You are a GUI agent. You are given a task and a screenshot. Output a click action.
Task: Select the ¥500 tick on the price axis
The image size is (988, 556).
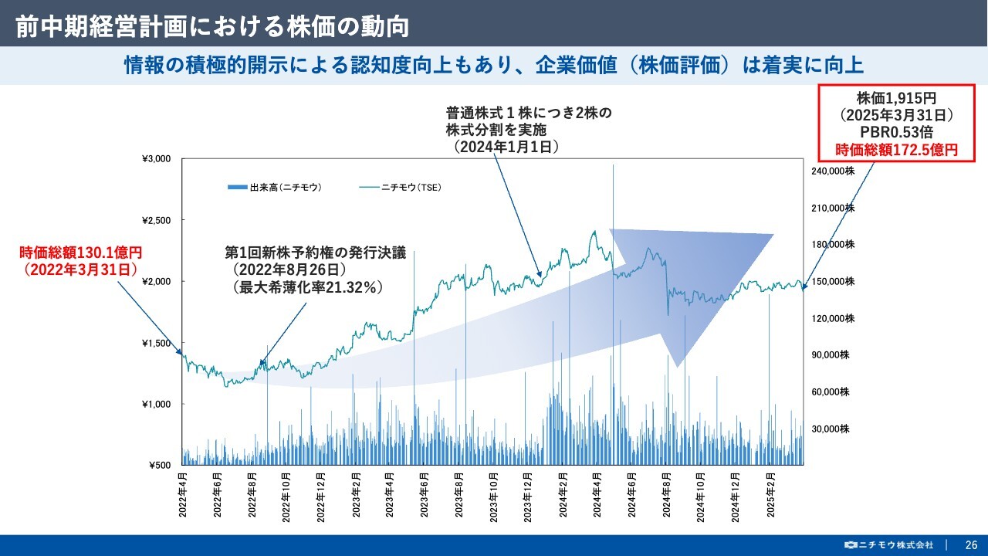159,466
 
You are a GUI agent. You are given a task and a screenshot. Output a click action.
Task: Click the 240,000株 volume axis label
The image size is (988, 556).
834,171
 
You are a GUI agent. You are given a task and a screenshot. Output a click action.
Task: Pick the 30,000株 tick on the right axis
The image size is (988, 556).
834,429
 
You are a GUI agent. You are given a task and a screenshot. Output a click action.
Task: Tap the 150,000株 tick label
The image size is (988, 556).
834,282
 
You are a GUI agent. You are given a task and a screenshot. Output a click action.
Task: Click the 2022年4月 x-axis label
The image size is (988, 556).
184,489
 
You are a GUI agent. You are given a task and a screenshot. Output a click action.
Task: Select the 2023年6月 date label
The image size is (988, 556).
425,489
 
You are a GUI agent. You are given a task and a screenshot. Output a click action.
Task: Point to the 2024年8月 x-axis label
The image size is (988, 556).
666,489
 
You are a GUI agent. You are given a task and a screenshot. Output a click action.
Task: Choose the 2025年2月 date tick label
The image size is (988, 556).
770,489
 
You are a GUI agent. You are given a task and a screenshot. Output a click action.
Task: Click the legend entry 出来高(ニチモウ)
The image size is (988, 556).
276,187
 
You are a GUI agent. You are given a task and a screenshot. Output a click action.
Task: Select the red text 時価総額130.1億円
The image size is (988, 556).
81,253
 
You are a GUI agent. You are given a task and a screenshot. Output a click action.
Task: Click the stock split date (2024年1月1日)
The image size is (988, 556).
506,146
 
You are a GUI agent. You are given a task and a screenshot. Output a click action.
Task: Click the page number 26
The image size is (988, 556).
970,544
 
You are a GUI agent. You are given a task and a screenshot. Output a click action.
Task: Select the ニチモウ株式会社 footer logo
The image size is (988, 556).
889,544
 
